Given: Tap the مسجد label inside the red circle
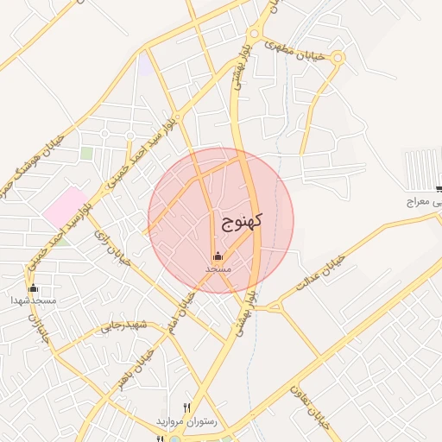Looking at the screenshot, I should click(218, 269).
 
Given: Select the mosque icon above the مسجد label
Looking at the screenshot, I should click(218, 256).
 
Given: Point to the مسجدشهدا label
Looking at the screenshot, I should click(34, 300).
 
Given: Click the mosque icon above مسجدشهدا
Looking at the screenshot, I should click(34, 288).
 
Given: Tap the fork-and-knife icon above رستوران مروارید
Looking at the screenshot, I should click(186, 407).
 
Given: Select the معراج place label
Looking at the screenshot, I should click(423, 203).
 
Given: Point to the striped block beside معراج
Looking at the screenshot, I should click(423, 169).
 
